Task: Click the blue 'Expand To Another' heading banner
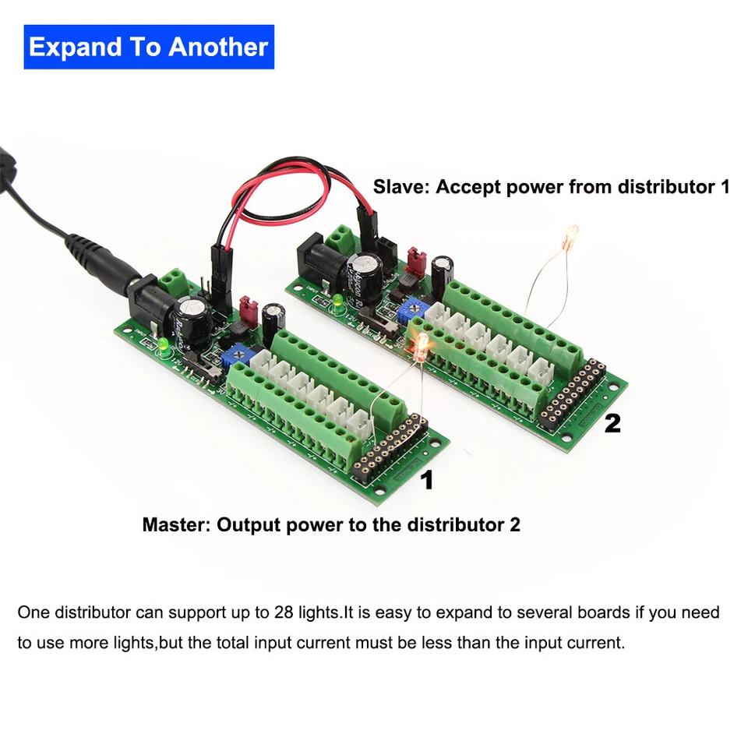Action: click(x=148, y=47)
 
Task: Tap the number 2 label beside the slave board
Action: click(x=612, y=423)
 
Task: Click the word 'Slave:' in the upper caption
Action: click(x=401, y=187)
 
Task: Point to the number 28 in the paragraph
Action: click(x=284, y=612)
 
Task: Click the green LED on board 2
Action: click(x=338, y=299)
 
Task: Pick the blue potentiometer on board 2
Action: click(x=405, y=312)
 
